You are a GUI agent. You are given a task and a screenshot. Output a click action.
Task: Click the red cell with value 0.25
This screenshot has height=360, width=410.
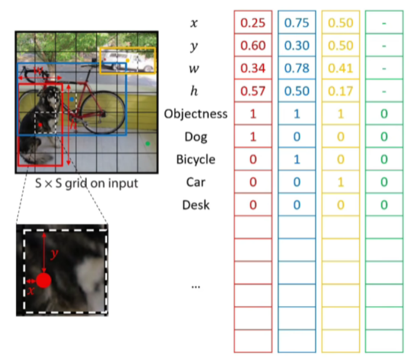(253, 23)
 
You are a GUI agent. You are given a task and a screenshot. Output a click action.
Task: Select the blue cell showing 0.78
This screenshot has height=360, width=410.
(297, 68)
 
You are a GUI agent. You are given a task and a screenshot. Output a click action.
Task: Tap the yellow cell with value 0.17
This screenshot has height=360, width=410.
(340, 91)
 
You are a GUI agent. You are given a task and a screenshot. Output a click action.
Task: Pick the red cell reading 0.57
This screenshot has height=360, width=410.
(253, 91)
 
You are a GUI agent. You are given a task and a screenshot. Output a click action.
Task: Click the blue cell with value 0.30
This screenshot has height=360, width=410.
(297, 46)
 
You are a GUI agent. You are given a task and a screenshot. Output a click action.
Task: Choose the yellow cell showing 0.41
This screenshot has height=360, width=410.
(340, 68)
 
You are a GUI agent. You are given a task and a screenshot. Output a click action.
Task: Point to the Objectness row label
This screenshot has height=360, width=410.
(196, 114)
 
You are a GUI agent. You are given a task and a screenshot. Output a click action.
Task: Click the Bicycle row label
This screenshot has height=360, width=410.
(196, 159)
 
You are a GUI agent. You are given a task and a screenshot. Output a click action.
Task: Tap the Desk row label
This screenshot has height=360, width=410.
(196, 205)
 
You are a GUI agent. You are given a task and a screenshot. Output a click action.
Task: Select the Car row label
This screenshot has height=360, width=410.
(196, 182)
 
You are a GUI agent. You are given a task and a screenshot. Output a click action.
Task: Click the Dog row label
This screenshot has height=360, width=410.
(196, 136)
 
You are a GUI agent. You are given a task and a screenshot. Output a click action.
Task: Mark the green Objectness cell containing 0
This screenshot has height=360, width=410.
(384, 114)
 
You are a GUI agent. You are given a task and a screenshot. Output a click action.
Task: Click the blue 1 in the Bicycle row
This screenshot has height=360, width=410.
(297, 159)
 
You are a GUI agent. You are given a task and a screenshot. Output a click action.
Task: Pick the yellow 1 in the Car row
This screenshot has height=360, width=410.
(340, 182)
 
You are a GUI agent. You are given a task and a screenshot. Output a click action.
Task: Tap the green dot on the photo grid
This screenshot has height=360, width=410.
(148, 143)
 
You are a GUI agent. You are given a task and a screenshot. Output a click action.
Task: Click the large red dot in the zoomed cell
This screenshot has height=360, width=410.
(44, 280)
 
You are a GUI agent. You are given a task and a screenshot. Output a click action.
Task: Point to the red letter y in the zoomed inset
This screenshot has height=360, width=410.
(54, 254)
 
